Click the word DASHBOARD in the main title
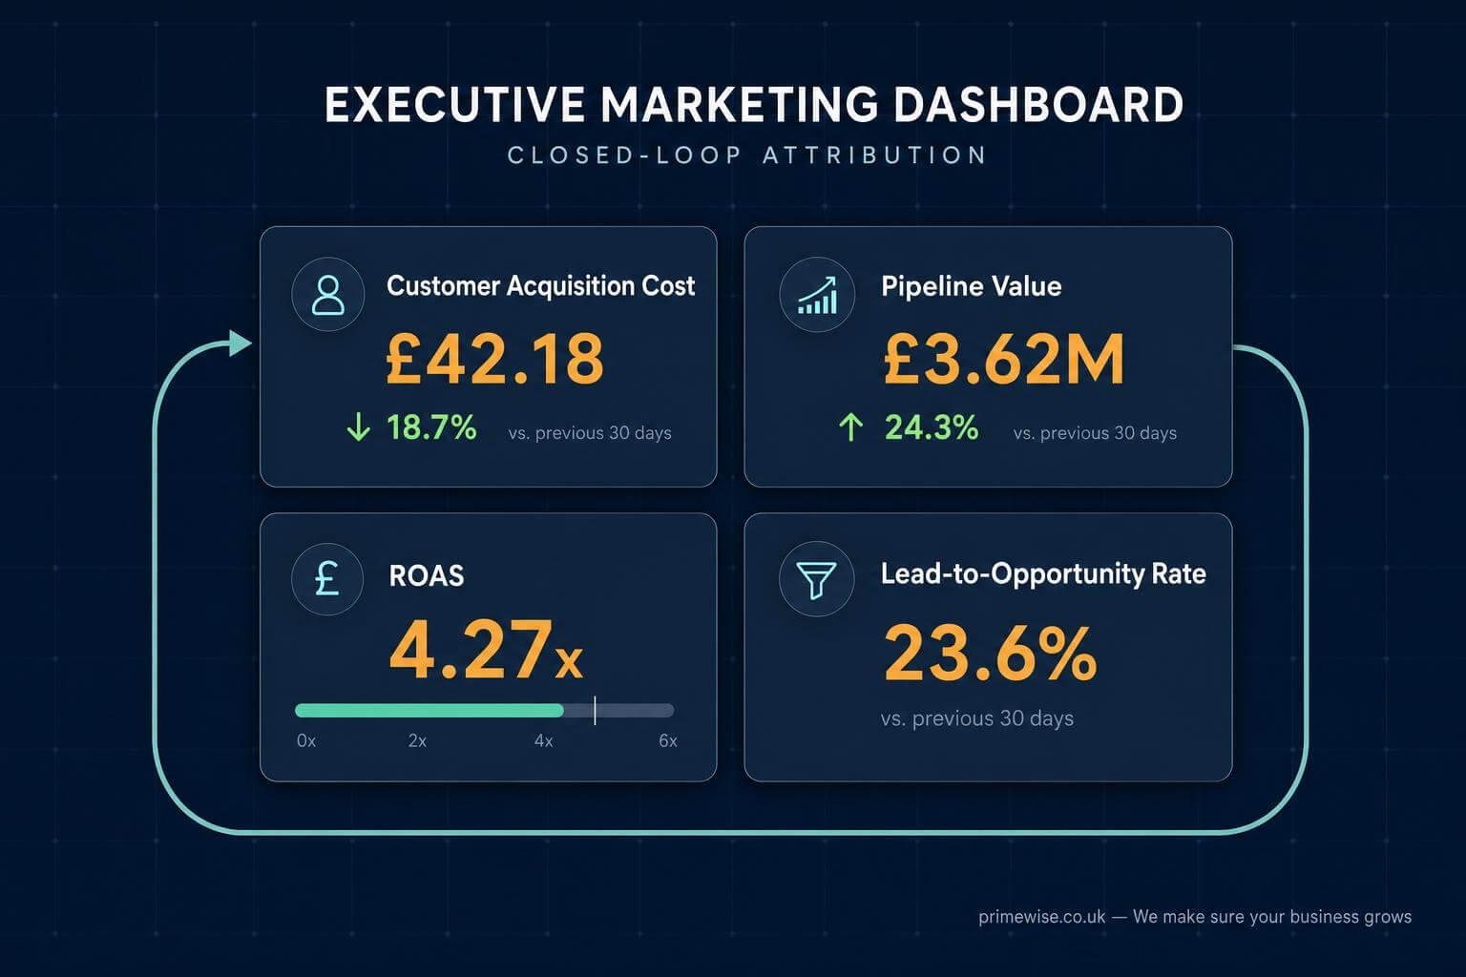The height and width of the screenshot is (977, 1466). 1038,105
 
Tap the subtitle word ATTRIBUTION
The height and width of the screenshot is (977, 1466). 875,156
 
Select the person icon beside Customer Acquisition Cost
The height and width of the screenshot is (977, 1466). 328,295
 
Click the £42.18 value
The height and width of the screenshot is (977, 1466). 494,359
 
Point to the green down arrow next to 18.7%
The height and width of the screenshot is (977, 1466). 358,426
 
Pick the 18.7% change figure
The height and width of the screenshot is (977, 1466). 432,427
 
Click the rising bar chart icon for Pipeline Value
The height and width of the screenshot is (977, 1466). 817,295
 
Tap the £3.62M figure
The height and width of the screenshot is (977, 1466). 1004,359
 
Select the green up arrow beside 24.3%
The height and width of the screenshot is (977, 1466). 850,426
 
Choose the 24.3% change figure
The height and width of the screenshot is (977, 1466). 932,427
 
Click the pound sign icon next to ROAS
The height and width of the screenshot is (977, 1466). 327,579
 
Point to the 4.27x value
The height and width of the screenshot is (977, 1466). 486,651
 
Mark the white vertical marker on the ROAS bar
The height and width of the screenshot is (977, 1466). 595,710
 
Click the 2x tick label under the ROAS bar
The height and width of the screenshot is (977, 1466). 417,740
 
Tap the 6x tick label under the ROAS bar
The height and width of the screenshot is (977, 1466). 668,740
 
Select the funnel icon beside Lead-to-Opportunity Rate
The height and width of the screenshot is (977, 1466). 817,579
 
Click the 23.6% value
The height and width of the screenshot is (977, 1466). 990,653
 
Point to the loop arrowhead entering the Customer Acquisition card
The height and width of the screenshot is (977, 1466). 241,343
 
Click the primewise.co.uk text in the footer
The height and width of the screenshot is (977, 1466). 1042,917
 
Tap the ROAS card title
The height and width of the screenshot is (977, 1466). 427,576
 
